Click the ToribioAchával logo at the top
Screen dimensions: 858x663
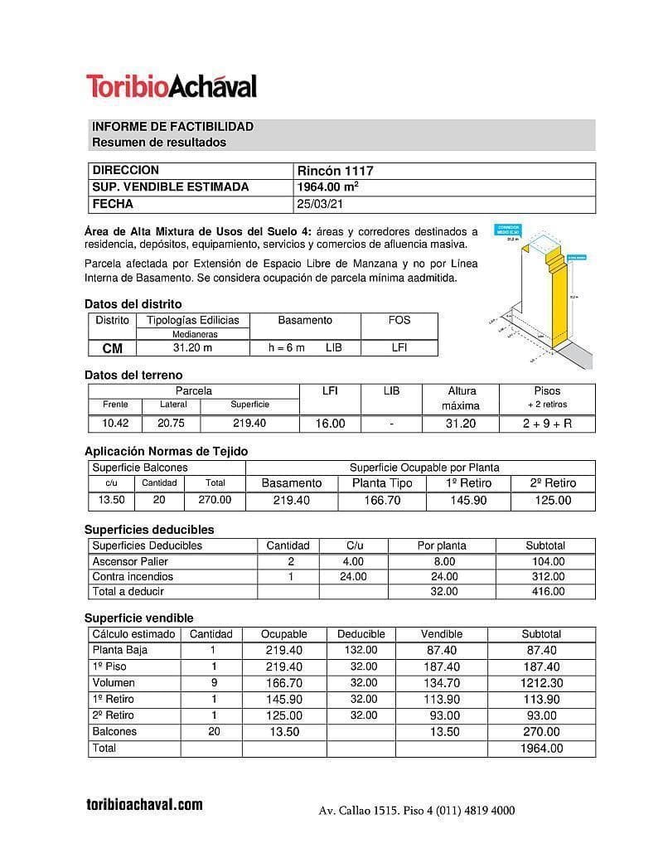(x=172, y=86)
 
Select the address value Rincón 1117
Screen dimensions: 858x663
(x=335, y=171)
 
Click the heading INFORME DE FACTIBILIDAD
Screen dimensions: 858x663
(x=172, y=127)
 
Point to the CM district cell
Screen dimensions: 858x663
(x=112, y=348)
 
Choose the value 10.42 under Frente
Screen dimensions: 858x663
(x=115, y=424)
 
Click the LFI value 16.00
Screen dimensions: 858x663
(x=330, y=424)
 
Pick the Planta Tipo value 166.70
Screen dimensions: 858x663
(x=382, y=501)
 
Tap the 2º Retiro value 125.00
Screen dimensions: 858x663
(x=553, y=501)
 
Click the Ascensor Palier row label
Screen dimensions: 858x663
(x=130, y=561)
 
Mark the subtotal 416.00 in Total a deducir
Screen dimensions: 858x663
(x=545, y=592)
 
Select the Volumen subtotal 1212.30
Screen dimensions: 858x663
(x=541, y=683)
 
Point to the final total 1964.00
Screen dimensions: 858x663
(x=541, y=749)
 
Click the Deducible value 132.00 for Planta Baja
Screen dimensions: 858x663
(x=361, y=651)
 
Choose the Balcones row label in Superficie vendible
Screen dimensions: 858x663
(x=114, y=732)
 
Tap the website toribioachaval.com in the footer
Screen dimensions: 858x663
(x=144, y=805)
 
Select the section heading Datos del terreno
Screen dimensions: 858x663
(x=133, y=375)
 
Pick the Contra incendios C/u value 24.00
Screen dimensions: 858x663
(x=353, y=577)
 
